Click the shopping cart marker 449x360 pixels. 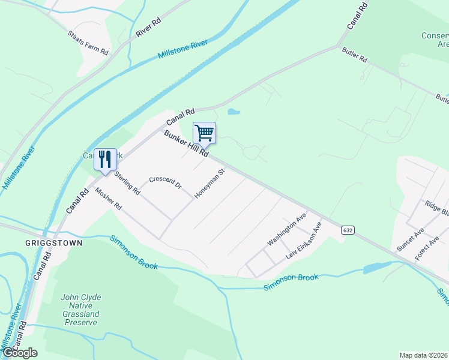(204, 133)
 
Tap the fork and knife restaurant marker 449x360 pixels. (105, 160)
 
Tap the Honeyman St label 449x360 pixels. (209, 184)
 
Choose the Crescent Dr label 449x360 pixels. (165, 182)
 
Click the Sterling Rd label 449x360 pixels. (127, 184)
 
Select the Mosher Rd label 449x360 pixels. (108, 199)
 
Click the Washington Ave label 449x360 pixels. (287, 229)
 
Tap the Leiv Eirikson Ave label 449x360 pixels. (304, 240)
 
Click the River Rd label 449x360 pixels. (149, 28)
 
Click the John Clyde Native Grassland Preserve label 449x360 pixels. (80, 310)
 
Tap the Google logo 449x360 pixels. (20, 353)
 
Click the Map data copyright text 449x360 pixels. (423, 355)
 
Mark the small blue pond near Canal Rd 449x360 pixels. (233, 112)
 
